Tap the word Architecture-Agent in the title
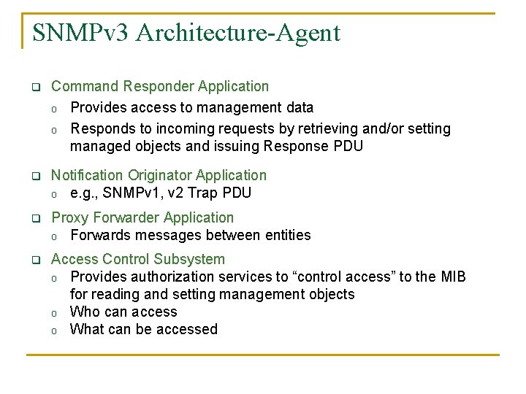238,33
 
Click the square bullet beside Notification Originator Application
34,177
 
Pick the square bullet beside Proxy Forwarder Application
34,219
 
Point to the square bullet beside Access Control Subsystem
34,260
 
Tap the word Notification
87,175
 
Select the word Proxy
69,217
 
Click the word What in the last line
87,329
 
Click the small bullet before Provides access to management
54,109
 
